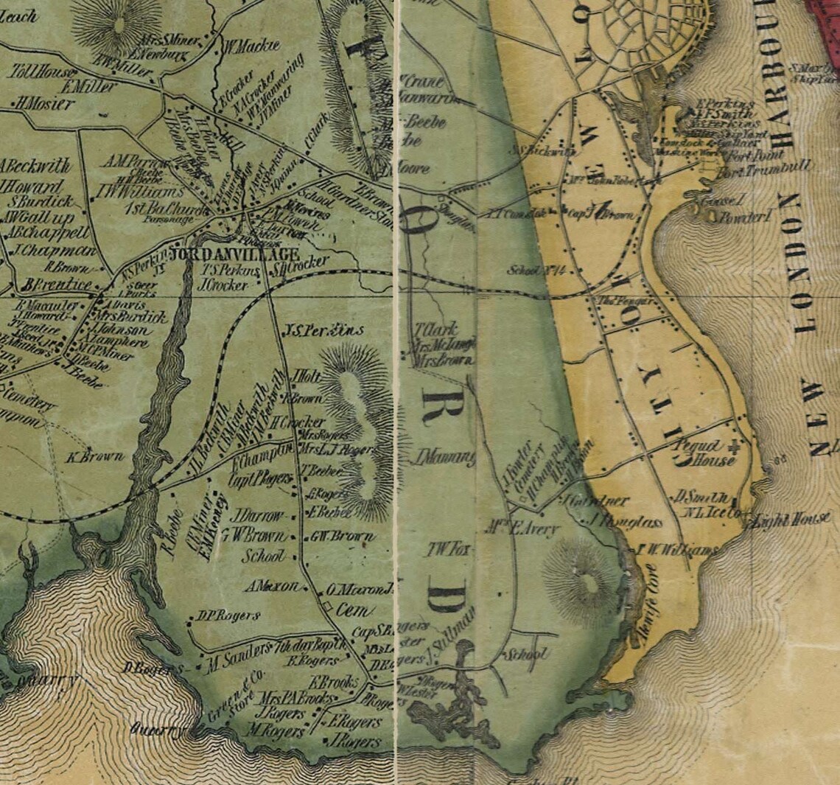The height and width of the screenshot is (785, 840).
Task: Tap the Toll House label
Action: (x=42, y=72)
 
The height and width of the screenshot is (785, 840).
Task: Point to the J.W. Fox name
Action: (x=447, y=549)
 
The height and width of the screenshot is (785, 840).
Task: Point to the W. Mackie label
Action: (x=251, y=46)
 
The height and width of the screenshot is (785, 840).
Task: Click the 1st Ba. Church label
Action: (x=168, y=209)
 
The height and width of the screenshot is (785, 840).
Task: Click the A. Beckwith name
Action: (x=35, y=166)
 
